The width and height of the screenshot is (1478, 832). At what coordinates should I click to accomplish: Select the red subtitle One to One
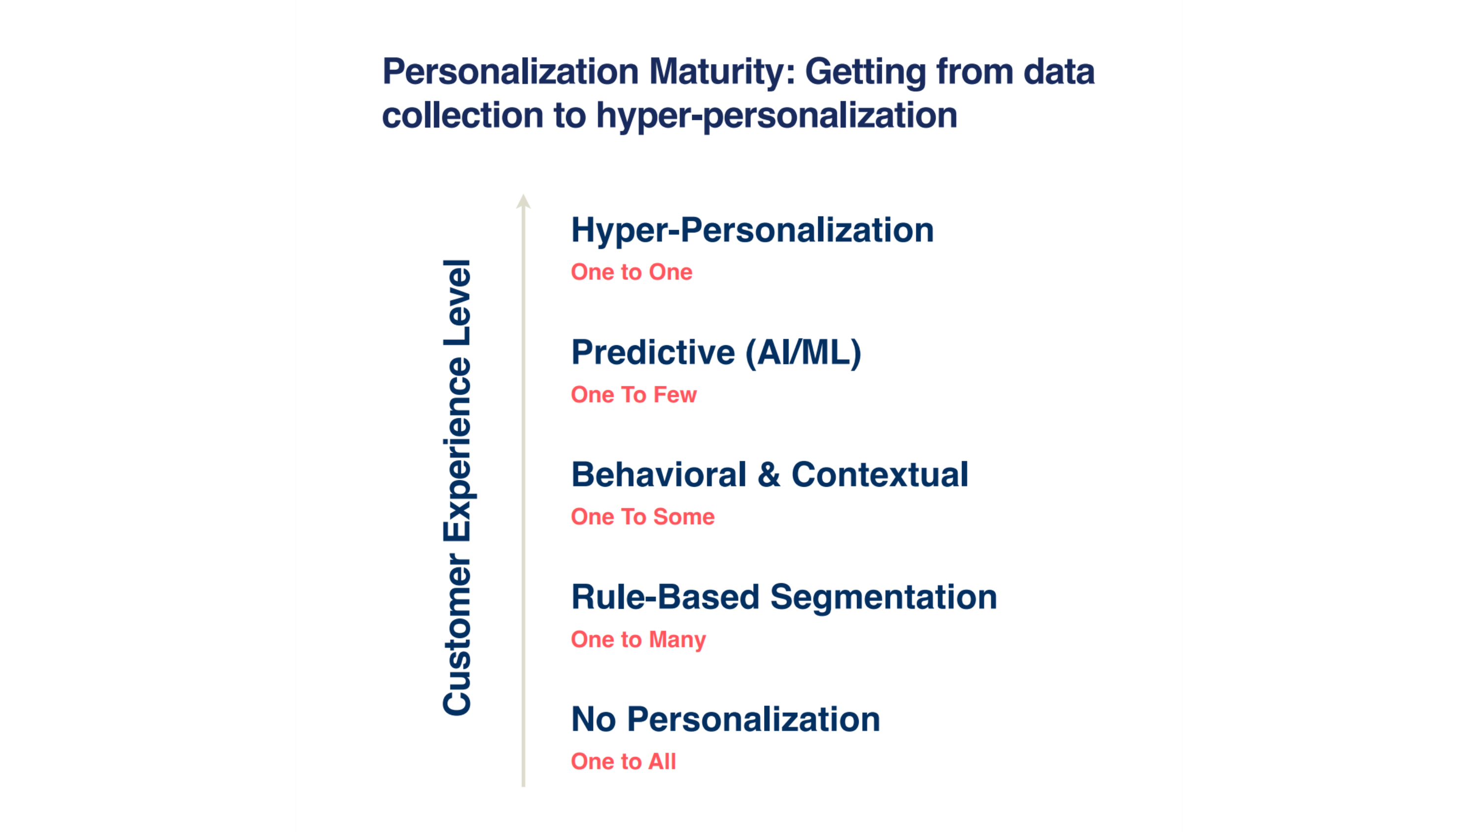(x=632, y=272)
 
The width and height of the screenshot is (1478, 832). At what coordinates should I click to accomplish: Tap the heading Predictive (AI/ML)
(x=716, y=352)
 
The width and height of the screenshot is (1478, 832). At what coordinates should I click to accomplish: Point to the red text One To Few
(x=634, y=395)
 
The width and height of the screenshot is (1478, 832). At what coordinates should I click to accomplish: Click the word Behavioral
(x=659, y=475)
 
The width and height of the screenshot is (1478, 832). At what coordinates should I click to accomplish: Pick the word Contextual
(x=879, y=475)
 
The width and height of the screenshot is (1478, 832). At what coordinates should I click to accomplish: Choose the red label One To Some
(x=642, y=517)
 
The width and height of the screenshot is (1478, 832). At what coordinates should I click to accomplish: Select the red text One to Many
(x=638, y=640)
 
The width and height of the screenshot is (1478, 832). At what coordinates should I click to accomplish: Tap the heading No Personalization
(x=725, y=720)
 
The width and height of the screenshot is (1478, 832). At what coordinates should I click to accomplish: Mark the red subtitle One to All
(x=623, y=762)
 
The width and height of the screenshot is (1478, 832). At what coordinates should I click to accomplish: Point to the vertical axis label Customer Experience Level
(x=457, y=487)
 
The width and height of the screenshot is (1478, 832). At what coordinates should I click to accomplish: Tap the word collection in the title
(x=463, y=115)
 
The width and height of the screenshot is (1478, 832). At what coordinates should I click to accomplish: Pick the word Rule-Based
(x=666, y=597)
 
